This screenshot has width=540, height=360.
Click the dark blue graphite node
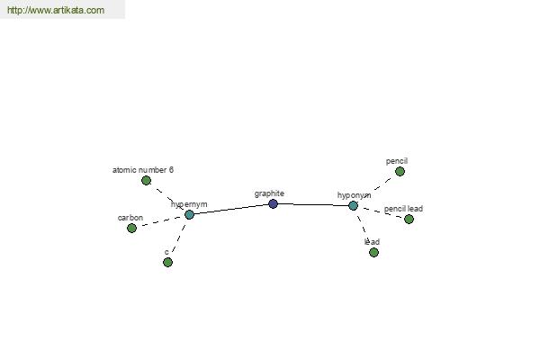[x=273, y=203]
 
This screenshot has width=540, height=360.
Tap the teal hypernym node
[x=189, y=214]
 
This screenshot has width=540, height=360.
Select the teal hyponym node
[x=354, y=206]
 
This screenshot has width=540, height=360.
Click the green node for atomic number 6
[x=147, y=180]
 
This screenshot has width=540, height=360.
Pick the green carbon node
[x=132, y=228]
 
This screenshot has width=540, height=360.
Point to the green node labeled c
[x=167, y=262]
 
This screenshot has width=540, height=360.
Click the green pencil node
[x=400, y=171]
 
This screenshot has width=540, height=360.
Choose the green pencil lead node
[x=409, y=219]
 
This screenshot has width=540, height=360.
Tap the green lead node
[x=374, y=252]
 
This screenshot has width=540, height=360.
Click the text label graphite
[x=269, y=194]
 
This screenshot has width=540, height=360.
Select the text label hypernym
[x=189, y=204]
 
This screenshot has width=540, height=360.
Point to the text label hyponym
[x=354, y=195]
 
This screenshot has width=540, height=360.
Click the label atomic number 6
[x=143, y=170]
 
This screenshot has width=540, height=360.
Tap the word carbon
[x=130, y=218]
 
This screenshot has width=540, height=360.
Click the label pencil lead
[x=403, y=209]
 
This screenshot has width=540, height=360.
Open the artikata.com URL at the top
[x=56, y=10]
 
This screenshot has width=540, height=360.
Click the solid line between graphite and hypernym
[x=231, y=209]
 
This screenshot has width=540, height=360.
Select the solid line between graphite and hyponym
[x=313, y=204]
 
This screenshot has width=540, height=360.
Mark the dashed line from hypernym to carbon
[x=160, y=221]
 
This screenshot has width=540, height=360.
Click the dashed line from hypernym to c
[x=179, y=238]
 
